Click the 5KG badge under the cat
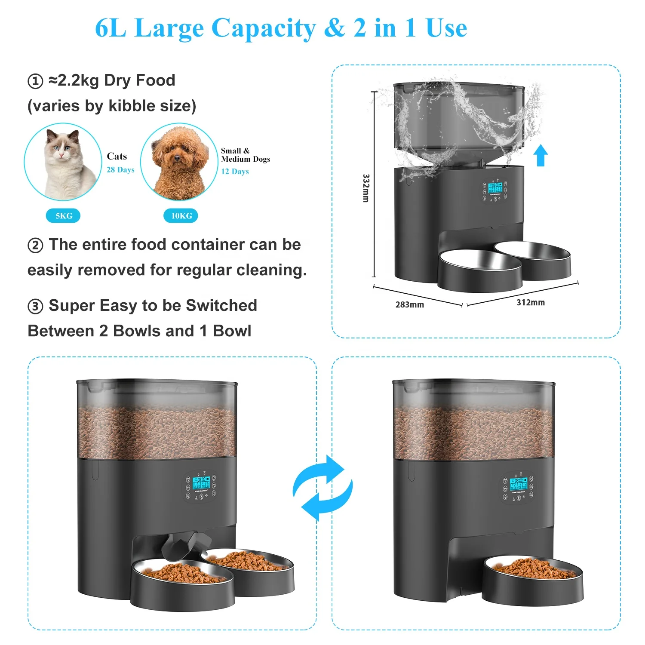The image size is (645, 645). point(63,216)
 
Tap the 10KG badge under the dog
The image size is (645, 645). point(181,216)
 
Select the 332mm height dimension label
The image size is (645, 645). point(366,188)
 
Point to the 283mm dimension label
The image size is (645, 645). point(409,305)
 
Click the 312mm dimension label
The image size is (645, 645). point(531,303)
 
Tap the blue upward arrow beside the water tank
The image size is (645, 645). point(541,155)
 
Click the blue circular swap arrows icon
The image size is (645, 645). point(322,488)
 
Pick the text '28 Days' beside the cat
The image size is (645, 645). point(120,170)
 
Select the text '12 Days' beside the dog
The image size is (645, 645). point(235,172)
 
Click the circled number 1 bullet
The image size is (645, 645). point(35,81)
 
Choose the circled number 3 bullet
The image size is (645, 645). point(35,307)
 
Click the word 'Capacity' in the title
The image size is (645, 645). point(264,28)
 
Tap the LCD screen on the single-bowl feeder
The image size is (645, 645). point(517,485)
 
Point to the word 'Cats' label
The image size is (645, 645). point(117,157)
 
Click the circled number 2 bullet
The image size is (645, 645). point(35,246)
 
